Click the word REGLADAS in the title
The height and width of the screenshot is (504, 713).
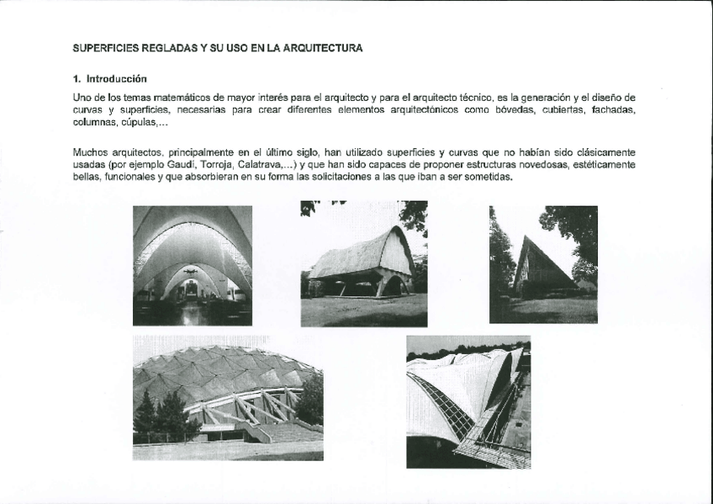[165, 49]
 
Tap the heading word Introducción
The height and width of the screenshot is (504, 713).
[116, 79]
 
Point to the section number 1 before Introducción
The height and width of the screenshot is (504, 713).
[77, 79]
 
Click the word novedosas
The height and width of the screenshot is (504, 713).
[535, 165]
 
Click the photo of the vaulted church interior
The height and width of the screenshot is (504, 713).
[193, 265]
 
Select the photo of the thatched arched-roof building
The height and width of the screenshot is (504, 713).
[364, 263]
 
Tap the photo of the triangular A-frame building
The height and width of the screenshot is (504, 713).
[543, 264]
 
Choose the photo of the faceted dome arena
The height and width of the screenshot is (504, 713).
[228, 398]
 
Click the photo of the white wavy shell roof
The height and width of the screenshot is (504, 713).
[468, 402]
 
